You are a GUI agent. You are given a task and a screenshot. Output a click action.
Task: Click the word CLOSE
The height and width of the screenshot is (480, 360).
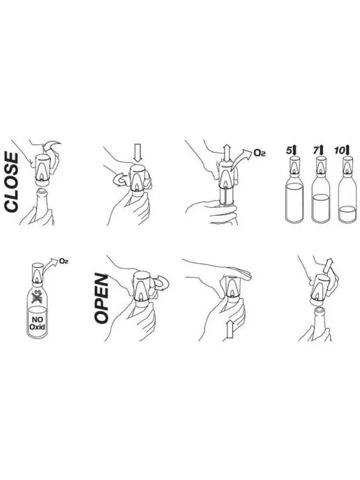[11, 177]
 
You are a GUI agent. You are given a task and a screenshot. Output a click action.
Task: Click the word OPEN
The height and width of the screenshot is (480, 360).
[101, 299]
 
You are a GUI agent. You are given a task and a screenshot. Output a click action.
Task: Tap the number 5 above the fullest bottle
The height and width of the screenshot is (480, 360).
[289, 151]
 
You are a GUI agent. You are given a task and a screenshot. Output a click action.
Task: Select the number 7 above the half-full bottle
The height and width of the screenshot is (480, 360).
[315, 151]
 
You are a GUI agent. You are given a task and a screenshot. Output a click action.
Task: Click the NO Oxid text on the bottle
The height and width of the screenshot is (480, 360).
[37, 323]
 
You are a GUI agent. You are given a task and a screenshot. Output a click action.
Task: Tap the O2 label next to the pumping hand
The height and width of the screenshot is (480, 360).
[260, 153]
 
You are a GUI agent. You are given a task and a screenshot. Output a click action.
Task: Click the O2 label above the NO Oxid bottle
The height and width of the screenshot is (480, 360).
[63, 261]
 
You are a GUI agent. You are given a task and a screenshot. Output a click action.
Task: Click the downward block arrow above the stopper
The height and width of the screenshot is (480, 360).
[137, 154]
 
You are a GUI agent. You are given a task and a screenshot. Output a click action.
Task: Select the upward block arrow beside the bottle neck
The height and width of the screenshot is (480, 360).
[230, 329]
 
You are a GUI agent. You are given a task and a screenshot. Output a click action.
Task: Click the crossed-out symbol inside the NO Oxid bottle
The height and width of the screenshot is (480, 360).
[37, 297]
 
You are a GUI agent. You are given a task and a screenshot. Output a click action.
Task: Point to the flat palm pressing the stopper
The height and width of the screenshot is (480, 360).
[237, 273]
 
